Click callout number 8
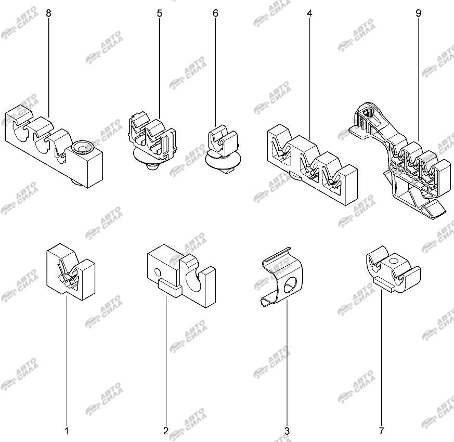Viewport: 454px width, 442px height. click(x=48, y=13)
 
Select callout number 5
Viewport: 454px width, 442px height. click(x=160, y=13)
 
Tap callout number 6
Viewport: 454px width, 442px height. click(x=215, y=13)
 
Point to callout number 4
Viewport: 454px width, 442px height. click(x=309, y=13)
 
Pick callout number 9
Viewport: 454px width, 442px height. click(x=419, y=13)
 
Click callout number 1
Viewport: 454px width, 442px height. click(x=67, y=431)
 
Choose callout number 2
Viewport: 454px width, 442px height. click(x=166, y=431)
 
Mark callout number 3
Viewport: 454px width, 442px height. click(x=287, y=431)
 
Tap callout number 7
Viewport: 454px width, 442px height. click(x=381, y=431)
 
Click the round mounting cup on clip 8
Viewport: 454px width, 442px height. click(x=82, y=147)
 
